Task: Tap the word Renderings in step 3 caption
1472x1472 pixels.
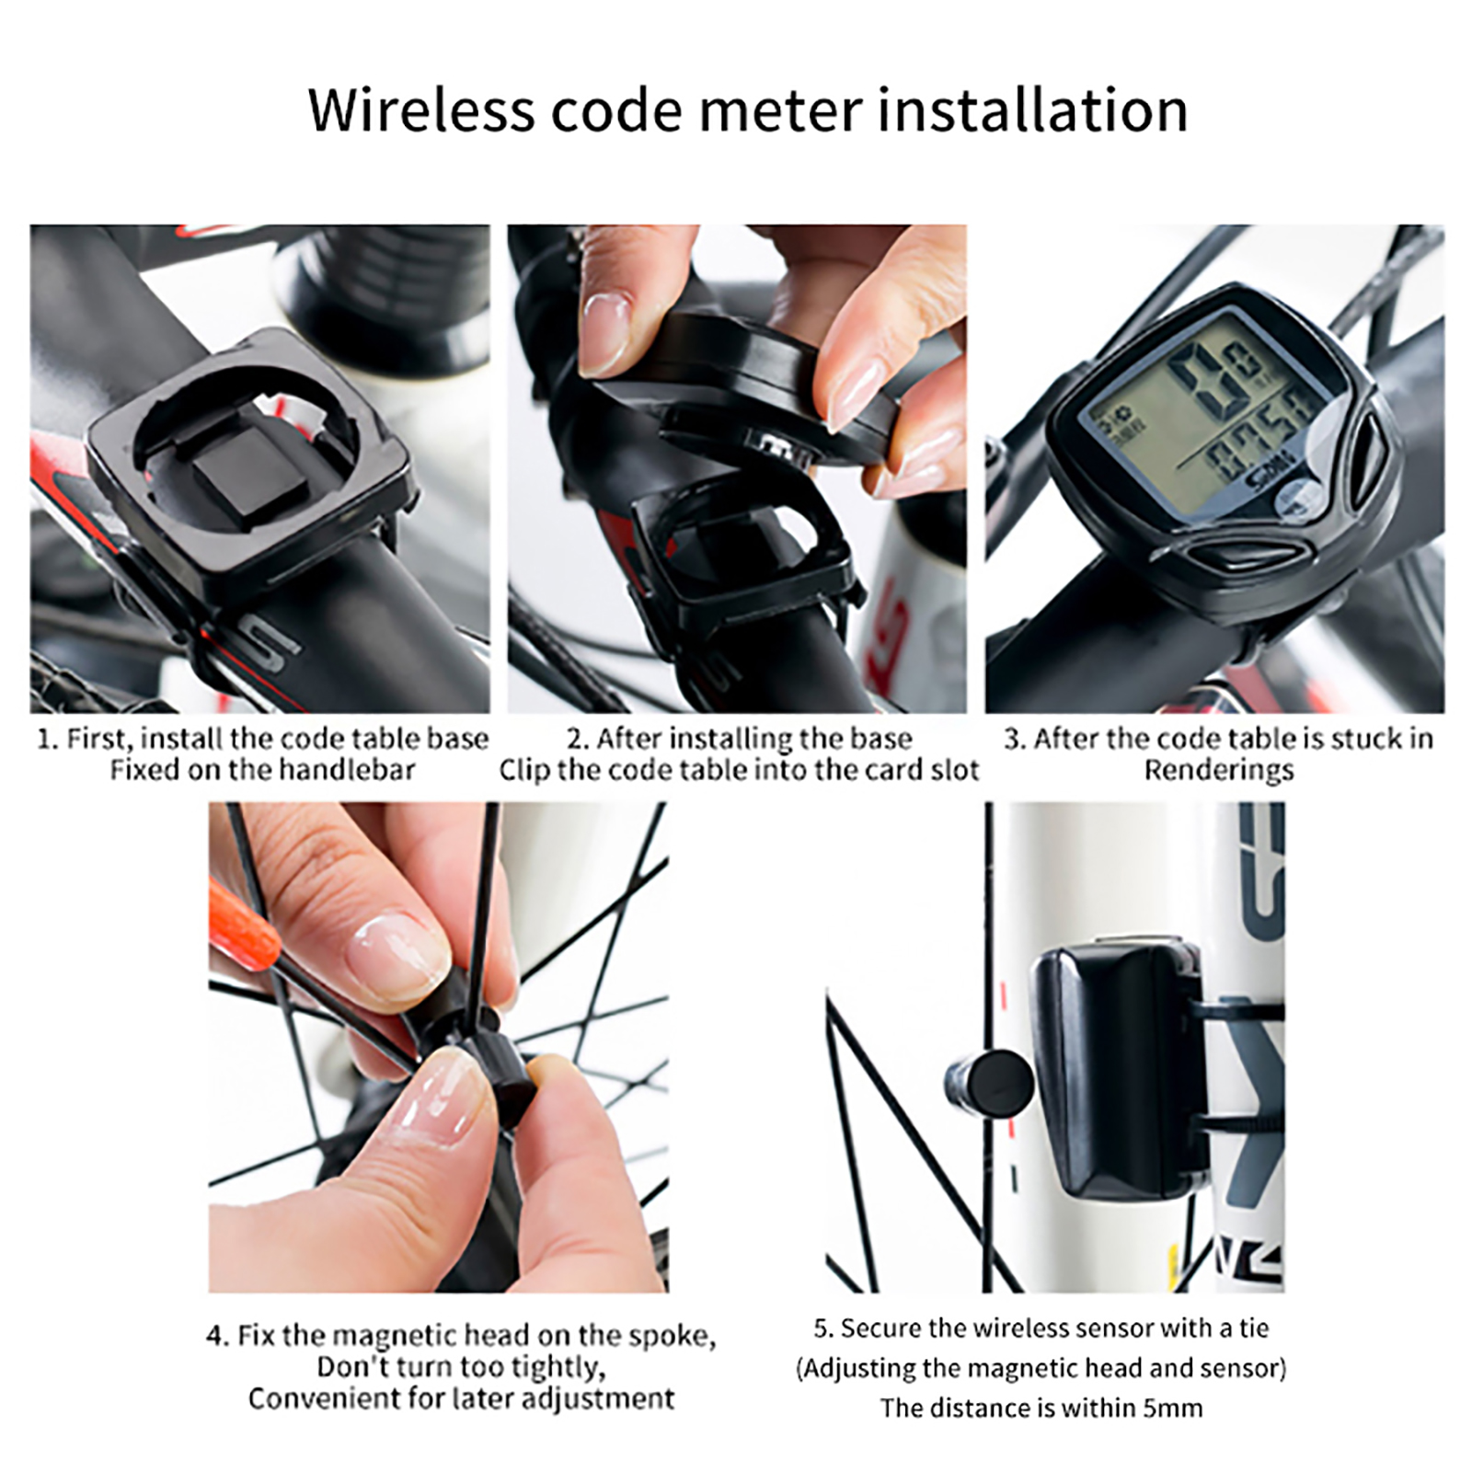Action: (x=1218, y=770)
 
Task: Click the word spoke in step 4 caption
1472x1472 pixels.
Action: (x=669, y=1336)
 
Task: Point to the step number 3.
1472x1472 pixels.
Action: (x=1013, y=739)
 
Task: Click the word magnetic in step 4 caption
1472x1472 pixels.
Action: (x=393, y=1336)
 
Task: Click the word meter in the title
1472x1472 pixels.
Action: (x=779, y=109)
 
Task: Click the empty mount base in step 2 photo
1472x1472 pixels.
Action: (x=741, y=552)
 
